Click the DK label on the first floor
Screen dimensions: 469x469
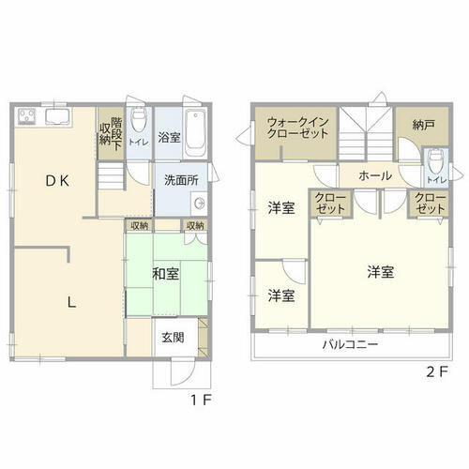coord(57,181)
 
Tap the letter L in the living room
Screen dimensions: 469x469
coord(71,302)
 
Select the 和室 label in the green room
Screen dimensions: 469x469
coord(165,274)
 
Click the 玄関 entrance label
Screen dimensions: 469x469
coord(173,338)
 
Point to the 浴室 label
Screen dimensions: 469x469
coord(169,137)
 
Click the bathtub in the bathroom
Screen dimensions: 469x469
coord(195,133)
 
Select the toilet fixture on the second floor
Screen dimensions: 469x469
coord(435,160)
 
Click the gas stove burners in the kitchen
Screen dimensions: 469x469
coord(27,116)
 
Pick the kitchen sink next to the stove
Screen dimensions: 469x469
coord(58,117)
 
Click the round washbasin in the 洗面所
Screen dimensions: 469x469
coord(199,204)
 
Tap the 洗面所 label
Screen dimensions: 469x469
coord(181,180)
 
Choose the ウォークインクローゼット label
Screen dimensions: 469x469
coord(297,128)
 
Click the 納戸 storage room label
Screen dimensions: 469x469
coord(423,125)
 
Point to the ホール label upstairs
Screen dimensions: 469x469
coord(375,175)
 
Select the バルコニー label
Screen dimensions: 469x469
coord(351,344)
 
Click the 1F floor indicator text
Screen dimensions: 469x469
coord(202,400)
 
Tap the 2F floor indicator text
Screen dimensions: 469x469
coord(437,371)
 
